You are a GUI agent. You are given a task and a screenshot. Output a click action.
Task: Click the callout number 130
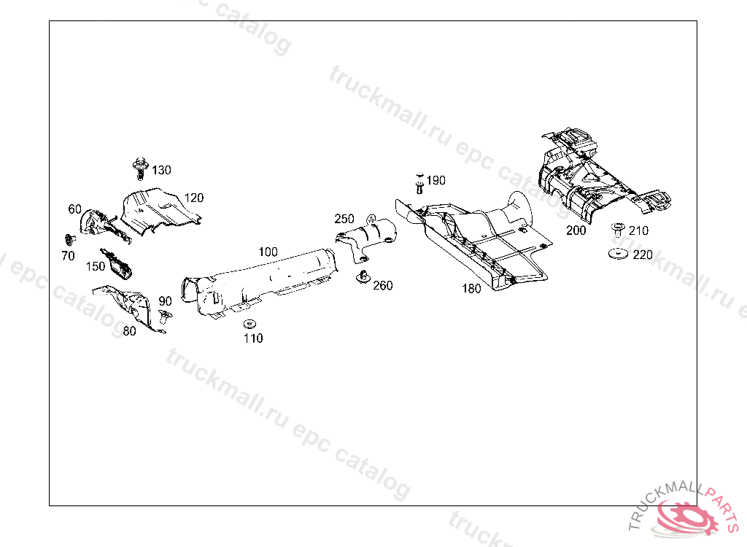click(x=161, y=170)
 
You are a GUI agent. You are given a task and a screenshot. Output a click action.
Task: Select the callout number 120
click(x=193, y=198)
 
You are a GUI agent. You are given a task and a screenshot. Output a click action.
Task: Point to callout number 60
click(x=75, y=209)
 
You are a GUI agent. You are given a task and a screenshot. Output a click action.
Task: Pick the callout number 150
click(x=96, y=266)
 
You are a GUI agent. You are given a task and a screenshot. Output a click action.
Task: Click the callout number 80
click(x=129, y=330)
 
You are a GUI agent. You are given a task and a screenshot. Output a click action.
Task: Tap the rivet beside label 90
click(x=163, y=317)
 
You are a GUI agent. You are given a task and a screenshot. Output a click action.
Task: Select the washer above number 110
click(x=249, y=323)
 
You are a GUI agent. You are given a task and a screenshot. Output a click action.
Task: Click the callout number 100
click(x=268, y=252)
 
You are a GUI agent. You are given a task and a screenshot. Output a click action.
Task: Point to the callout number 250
click(x=344, y=219)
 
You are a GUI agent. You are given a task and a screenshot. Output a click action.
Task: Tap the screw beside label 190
click(x=419, y=183)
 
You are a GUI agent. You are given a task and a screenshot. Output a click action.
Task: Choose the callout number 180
click(x=471, y=288)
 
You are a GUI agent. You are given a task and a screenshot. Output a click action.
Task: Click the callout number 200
click(x=576, y=230)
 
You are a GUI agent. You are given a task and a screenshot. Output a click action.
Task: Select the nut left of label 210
click(x=618, y=228)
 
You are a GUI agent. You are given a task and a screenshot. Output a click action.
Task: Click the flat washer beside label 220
click(x=619, y=254)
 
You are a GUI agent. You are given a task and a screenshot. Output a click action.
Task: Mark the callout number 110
click(x=253, y=338)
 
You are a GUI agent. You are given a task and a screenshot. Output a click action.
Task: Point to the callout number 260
click(x=383, y=285)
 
